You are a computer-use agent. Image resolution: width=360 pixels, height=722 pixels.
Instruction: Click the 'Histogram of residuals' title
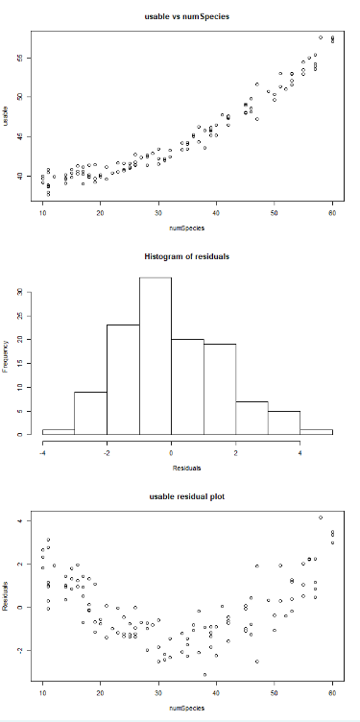[187, 257]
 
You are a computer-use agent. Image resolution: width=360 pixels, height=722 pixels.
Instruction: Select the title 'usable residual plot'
[187, 497]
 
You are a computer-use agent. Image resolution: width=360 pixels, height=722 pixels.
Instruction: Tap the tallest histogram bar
[155, 355]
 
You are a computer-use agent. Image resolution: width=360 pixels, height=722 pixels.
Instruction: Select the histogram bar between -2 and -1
[122, 379]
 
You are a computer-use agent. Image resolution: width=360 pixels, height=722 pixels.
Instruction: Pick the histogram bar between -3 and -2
[90, 413]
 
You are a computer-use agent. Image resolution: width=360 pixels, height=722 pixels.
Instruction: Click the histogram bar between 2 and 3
[252, 418]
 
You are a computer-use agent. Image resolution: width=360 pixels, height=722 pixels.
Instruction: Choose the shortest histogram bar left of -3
[58, 431]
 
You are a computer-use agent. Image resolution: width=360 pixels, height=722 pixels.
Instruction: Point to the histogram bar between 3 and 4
[283, 422]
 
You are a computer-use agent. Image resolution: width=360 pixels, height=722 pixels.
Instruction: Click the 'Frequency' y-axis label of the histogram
[7, 356]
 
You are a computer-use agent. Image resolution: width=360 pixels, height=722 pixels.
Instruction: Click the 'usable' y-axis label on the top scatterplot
[7, 116]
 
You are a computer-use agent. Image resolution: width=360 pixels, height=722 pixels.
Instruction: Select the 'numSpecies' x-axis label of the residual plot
[187, 709]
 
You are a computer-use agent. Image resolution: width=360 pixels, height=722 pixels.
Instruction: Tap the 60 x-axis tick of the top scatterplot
[332, 213]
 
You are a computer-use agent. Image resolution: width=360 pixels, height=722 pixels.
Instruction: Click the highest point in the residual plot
[321, 517]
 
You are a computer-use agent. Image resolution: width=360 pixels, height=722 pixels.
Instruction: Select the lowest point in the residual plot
[204, 675]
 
